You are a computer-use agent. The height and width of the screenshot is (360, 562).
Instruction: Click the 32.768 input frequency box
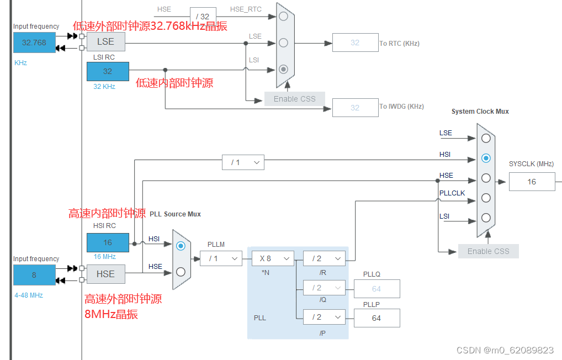coord(34,43)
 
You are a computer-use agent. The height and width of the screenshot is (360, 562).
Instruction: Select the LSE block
coord(105,41)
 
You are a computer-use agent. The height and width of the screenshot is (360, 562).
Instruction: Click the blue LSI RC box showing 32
coord(108,71)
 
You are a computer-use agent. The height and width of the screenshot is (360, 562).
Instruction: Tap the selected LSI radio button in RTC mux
coord(283,69)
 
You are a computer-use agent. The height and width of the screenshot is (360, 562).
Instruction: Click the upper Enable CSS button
coord(295,99)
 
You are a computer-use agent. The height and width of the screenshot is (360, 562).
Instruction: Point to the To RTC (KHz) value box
coord(355,43)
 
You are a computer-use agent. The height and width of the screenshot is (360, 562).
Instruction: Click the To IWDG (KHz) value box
coord(355,108)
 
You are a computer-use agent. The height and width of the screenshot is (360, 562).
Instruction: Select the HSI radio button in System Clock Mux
coord(486,158)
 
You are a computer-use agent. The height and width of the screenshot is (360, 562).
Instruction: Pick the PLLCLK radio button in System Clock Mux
coord(486,198)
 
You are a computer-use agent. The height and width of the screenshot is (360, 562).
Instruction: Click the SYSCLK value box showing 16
coord(532,182)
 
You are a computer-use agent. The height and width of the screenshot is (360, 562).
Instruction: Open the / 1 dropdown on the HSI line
coord(243,163)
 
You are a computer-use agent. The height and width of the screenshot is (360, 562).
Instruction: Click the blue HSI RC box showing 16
coord(108,242)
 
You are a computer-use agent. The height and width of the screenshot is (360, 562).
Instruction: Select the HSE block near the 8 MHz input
coord(105,274)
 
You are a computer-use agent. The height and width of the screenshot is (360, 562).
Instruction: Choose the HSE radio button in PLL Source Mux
coord(181,272)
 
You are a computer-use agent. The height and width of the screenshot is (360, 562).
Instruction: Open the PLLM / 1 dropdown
coord(221,258)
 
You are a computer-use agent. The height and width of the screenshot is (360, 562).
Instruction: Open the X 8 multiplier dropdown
coord(273,258)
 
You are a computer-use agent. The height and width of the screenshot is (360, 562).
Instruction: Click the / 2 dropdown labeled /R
coord(324,258)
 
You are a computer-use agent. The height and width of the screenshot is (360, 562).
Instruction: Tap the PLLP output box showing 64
coord(377,318)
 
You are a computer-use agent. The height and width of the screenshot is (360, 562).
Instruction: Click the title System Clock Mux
coord(480,112)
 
